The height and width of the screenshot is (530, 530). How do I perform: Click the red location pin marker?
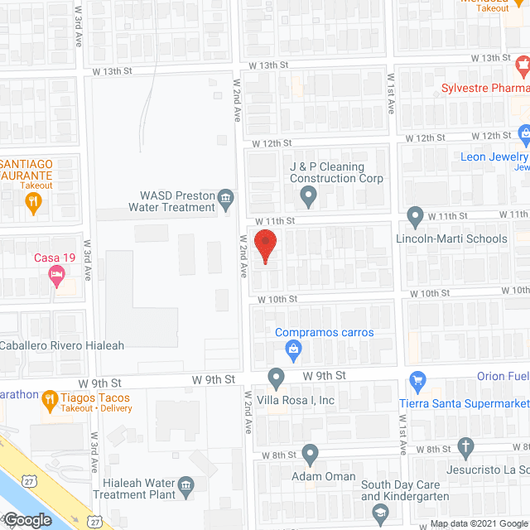pos(265,247)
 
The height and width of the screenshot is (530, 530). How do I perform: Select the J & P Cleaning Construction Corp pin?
pos(308,197)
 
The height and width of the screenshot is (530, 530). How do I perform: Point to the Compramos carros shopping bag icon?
pos(293,351)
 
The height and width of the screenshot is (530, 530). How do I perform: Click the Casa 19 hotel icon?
pos(56,275)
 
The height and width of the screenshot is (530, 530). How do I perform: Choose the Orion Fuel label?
pos(503,376)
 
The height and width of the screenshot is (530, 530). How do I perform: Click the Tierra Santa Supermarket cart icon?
pos(417,383)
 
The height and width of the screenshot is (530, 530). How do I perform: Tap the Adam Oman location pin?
pos(311,454)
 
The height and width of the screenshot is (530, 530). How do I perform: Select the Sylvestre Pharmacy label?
pos(484,88)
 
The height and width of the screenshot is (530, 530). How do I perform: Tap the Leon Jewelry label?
pos(494,157)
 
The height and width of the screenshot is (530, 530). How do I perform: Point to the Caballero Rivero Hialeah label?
pos(62,345)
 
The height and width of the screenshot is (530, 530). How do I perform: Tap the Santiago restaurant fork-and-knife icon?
pos(33,204)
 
